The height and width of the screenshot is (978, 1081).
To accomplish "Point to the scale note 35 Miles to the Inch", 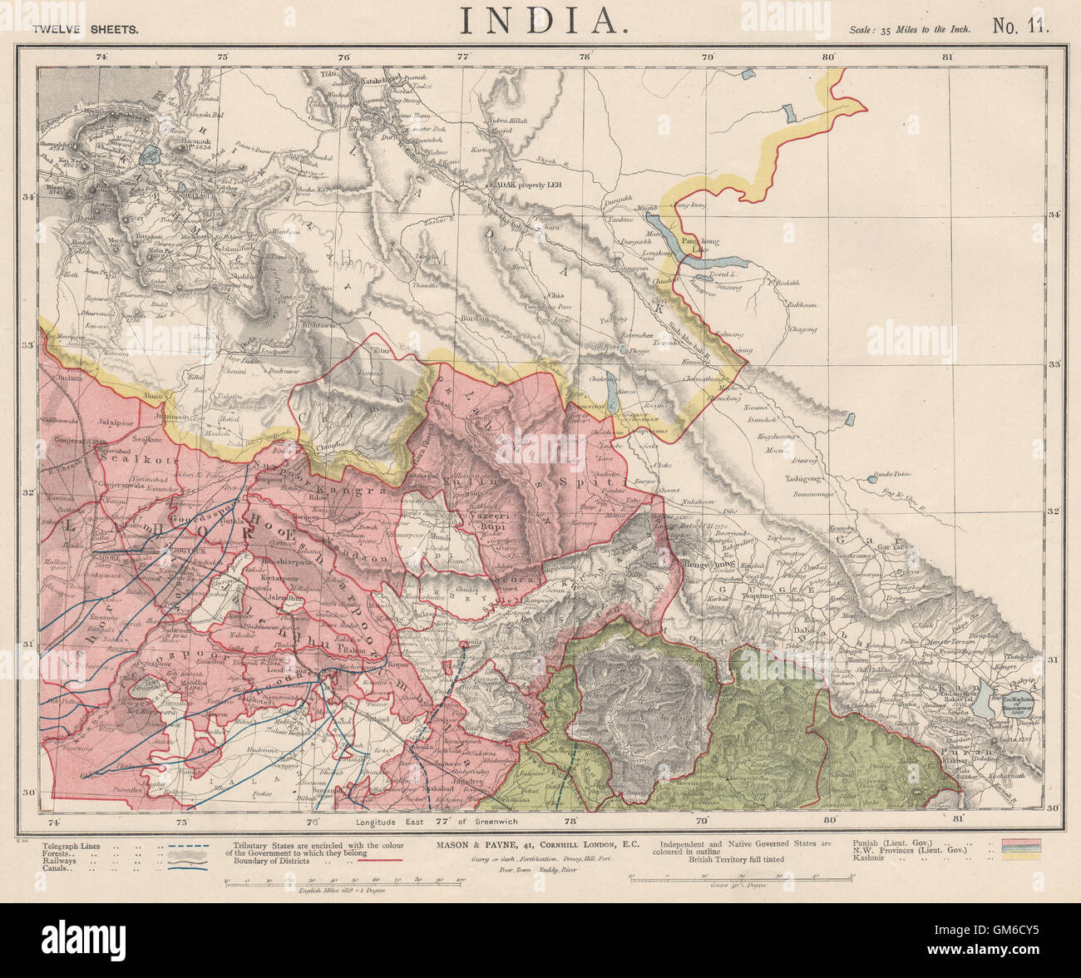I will click(911, 28).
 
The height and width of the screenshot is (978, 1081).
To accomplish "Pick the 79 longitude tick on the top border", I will click(707, 57).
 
